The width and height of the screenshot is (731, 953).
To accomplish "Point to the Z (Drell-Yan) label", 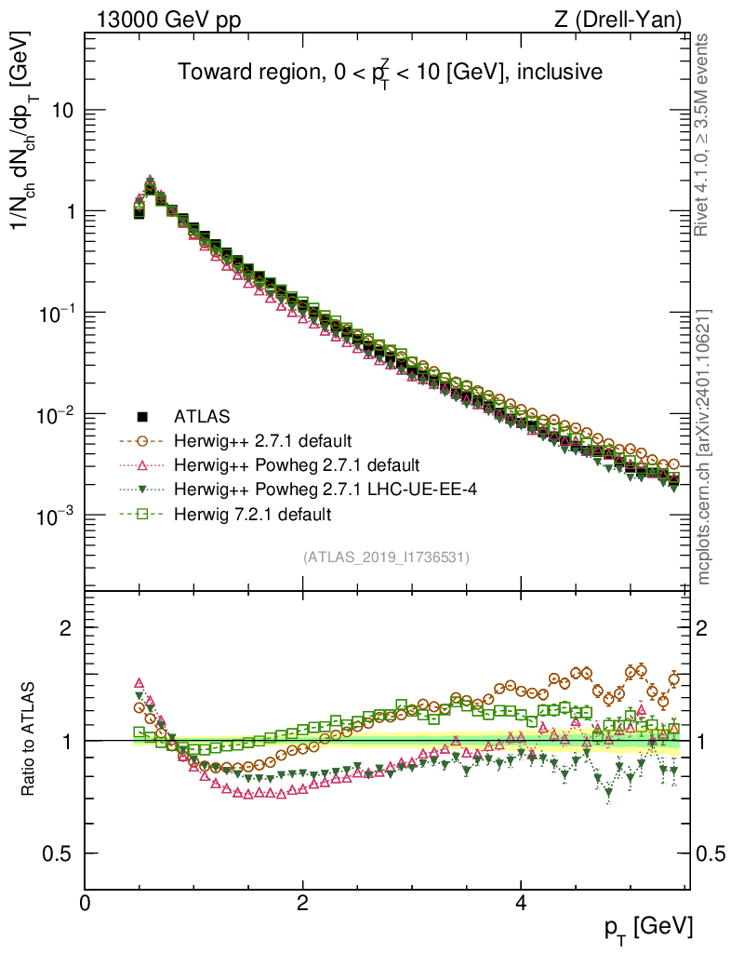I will [x=617, y=19].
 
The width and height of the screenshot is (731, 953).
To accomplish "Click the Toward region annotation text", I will [x=391, y=73].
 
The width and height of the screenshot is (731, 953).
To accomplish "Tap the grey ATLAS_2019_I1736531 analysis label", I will [x=386, y=557].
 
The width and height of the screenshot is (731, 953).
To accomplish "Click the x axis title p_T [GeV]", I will [x=649, y=926].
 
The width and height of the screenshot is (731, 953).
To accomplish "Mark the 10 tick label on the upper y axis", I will [x=62, y=111].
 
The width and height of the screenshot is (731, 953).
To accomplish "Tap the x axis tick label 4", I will [x=521, y=904].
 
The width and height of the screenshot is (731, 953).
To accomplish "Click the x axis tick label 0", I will [x=85, y=904].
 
